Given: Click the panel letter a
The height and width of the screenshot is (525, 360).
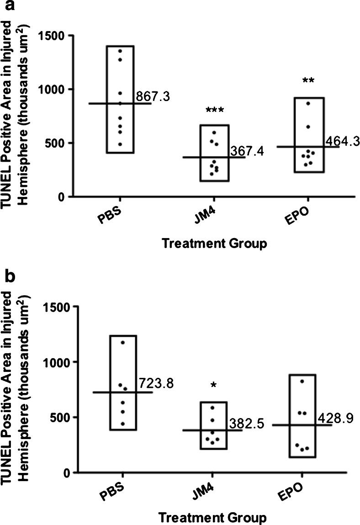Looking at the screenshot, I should click(6, 6).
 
